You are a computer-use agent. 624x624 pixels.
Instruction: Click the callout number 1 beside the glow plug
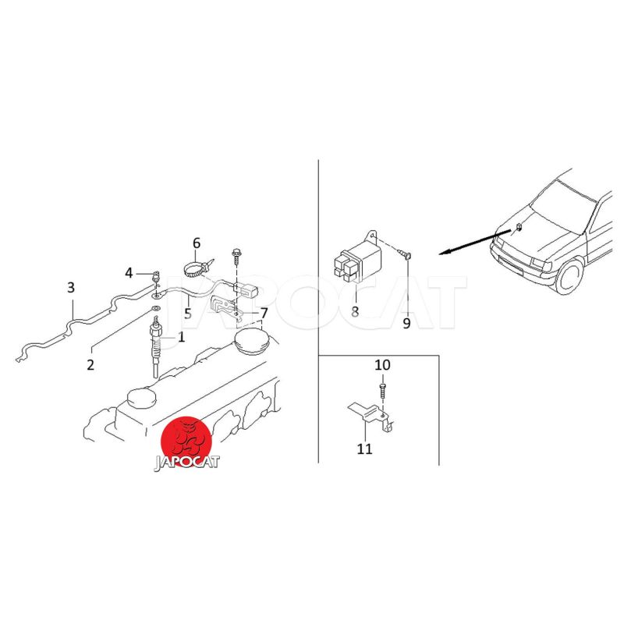click(x=182, y=338)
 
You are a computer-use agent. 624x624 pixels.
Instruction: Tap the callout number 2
click(x=90, y=364)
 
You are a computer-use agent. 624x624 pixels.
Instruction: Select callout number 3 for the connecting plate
click(x=71, y=287)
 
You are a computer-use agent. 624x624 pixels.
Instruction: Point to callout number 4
click(x=129, y=274)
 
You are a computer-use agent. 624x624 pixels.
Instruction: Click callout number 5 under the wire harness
click(x=188, y=314)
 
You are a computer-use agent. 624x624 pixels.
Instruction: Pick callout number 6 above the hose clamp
click(x=197, y=243)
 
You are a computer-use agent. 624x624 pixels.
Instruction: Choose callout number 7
click(x=264, y=314)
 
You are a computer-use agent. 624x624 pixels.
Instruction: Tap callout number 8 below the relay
click(x=355, y=311)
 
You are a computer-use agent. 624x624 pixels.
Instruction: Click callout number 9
click(x=406, y=323)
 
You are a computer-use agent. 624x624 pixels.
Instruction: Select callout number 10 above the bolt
click(x=382, y=365)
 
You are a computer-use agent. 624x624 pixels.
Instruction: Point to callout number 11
click(x=364, y=449)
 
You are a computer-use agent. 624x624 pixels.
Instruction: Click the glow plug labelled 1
click(x=157, y=346)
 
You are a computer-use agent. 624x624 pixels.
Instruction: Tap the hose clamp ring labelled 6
click(x=193, y=268)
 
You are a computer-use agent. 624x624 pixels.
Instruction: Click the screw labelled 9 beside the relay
click(x=405, y=254)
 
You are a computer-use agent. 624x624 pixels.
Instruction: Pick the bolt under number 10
click(x=381, y=392)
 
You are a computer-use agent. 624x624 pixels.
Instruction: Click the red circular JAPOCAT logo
click(x=186, y=442)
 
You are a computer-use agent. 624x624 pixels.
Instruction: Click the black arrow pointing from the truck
click(x=474, y=242)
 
